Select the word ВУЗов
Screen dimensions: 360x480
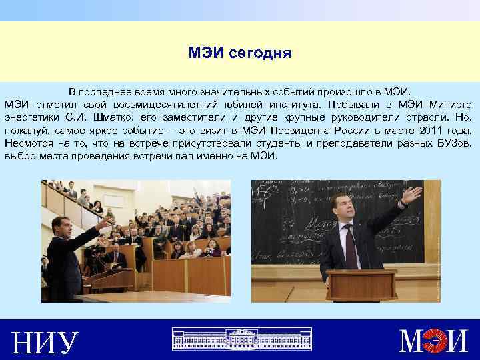coord(452,143)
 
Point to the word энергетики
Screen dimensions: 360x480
coord(31,117)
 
